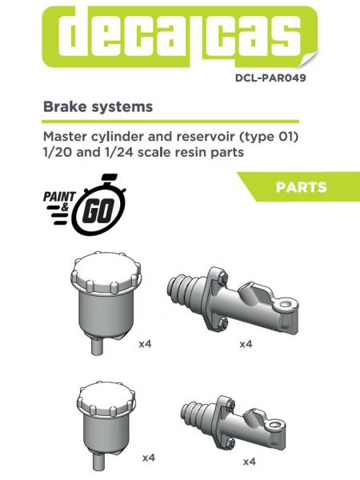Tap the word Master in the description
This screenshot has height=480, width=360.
(x=65, y=137)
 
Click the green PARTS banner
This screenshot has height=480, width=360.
(x=300, y=187)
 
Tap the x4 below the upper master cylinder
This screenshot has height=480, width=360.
(x=246, y=344)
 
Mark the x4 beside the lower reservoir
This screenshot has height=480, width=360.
(x=148, y=458)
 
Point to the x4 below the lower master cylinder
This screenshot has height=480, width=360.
(x=249, y=461)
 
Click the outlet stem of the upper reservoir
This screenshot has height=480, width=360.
(x=96, y=349)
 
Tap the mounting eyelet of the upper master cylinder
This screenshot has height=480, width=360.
(x=280, y=309)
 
